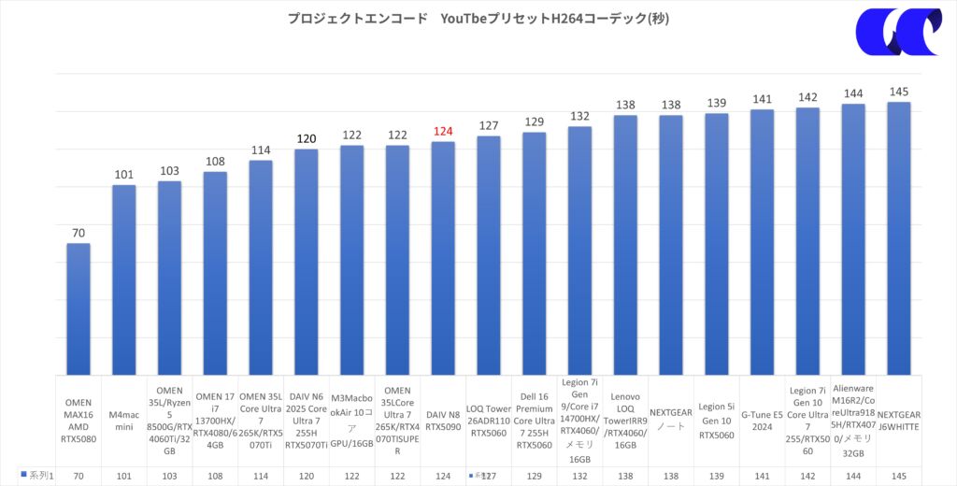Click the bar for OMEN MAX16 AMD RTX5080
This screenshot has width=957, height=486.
(x=79, y=308)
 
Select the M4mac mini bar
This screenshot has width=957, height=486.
(x=124, y=280)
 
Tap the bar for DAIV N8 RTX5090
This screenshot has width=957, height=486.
(x=443, y=258)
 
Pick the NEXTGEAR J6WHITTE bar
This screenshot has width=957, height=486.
(x=899, y=238)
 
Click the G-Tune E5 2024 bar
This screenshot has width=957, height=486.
(x=762, y=242)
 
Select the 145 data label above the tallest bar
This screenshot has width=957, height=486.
(x=899, y=92)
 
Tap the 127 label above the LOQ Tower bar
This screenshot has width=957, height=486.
(x=489, y=126)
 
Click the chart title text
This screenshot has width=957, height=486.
(x=478, y=19)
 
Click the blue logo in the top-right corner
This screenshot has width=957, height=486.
(x=897, y=33)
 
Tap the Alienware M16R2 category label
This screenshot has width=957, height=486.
(x=853, y=421)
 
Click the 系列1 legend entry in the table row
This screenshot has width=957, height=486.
(x=37, y=476)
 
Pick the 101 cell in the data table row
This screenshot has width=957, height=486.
(x=124, y=476)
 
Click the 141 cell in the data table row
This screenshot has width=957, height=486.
(x=762, y=476)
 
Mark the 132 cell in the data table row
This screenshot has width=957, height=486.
(x=579, y=476)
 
